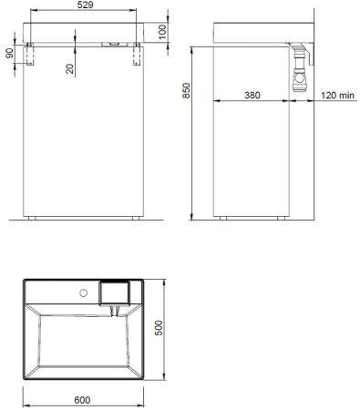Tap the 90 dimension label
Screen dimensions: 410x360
tap(8, 55)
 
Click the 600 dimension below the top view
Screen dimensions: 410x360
tap(83, 400)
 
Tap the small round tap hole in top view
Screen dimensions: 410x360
tap(84, 292)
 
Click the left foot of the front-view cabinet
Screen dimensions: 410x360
tap(33, 220)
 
